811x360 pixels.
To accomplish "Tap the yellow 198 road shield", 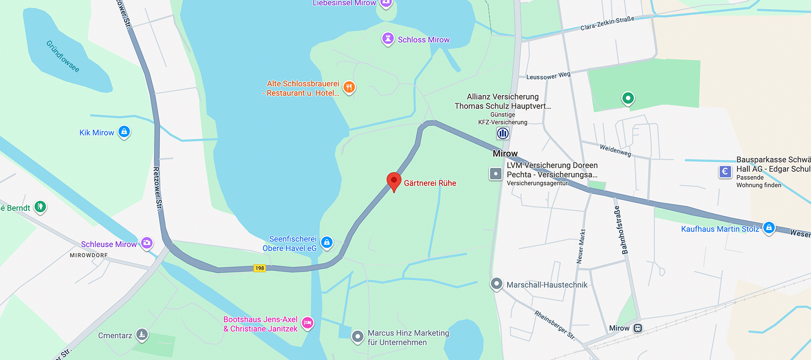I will [260, 268].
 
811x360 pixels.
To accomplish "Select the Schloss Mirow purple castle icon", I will [388, 39].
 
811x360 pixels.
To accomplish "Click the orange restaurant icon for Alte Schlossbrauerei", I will [349, 87].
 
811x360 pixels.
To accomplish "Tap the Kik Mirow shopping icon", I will [124, 132].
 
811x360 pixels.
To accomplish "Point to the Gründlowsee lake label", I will [63, 56].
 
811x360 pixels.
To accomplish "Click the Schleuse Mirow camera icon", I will [147, 243].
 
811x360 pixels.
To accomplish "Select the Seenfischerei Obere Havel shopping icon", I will [327, 242].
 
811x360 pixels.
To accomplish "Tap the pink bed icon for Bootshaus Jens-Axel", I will [307, 323].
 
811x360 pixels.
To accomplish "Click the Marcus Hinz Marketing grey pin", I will [357, 337].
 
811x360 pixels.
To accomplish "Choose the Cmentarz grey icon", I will [142, 334].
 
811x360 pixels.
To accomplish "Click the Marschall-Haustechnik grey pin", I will [497, 283].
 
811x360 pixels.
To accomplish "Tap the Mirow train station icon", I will [638, 328].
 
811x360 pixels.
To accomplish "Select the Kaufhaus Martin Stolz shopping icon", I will [769, 228].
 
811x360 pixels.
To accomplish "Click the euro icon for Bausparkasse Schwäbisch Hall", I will [725, 171].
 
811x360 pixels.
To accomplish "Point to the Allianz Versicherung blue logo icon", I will [503, 133].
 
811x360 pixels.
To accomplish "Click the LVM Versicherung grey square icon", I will [496, 174].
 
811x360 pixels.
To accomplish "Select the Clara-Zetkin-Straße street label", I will [607, 23].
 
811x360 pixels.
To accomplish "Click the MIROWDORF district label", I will [89, 255].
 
